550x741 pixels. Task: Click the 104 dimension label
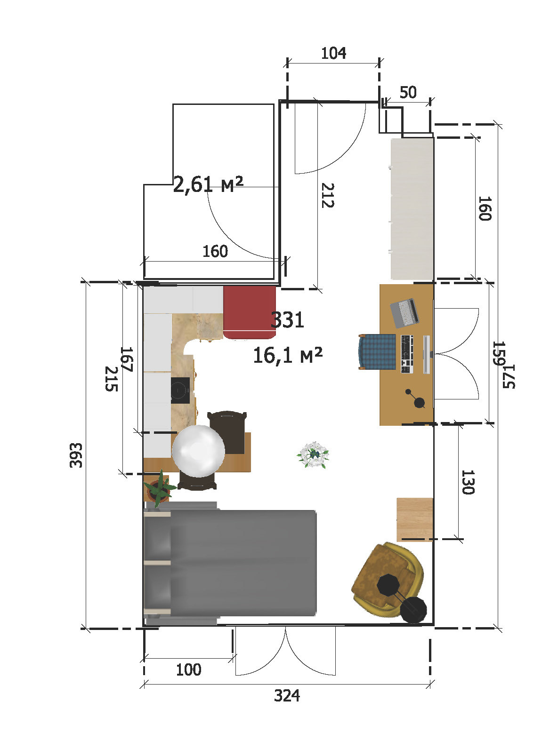pos(333,53)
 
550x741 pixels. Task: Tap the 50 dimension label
pos(408,92)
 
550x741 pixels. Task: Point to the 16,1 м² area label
pos(288,355)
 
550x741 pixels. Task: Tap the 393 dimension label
pos(76,455)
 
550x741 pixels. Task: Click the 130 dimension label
pos(468,482)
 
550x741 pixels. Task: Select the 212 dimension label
pos(328,195)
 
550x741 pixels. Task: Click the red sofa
pos(250,312)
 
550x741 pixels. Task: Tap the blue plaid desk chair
pos(377,351)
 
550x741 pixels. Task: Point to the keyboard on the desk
pos(407,354)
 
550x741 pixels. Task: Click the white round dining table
pos(198,451)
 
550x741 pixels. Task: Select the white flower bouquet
pos(313,454)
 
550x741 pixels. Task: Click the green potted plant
pos(159,488)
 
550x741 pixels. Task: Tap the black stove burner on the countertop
pos(180,390)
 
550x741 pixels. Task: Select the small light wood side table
pos(414,519)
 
